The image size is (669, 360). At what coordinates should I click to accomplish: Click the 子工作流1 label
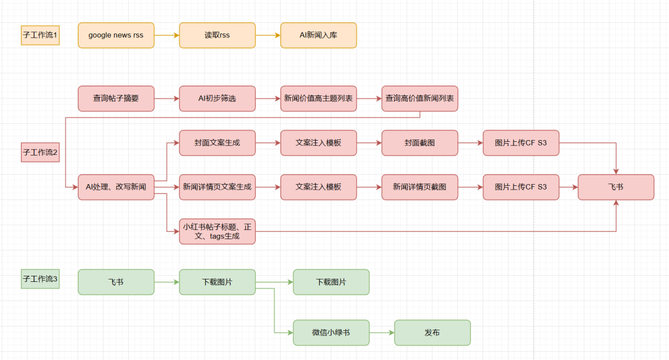[40, 35]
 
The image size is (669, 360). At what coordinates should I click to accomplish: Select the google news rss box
[116, 35]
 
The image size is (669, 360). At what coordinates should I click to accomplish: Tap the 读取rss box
[217, 35]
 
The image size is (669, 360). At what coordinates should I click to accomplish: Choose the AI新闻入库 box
[318, 35]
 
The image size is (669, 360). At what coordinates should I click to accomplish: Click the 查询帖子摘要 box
[116, 99]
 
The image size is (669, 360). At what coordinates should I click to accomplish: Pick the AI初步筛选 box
[217, 99]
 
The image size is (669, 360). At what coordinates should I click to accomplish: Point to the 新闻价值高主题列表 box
[318, 99]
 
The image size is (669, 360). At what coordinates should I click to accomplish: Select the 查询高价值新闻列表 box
[419, 99]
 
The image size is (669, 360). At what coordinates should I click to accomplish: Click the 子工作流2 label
[40, 152]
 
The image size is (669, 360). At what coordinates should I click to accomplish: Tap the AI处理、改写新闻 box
[116, 187]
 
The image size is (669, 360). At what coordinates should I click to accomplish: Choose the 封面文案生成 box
[217, 143]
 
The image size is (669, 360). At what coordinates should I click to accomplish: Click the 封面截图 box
[419, 143]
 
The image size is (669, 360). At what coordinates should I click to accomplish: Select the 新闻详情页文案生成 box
[217, 187]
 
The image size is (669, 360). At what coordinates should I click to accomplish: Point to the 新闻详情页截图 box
[419, 187]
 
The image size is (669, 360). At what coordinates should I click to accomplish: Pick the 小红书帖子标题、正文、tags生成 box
[217, 231]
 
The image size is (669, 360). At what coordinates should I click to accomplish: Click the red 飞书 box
[616, 187]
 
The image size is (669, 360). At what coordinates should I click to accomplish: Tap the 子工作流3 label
[40, 279]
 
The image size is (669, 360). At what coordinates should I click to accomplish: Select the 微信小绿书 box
[331, 333]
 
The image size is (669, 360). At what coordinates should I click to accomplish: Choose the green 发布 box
[432, 333]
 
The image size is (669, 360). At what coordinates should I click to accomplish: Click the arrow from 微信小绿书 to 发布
[382, 333]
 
